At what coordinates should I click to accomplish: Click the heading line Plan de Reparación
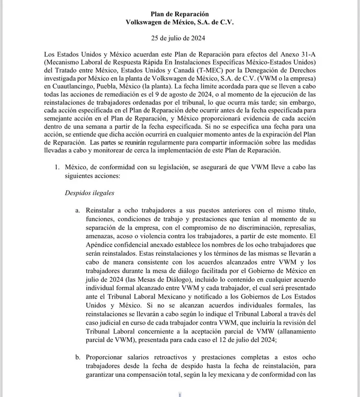coord(179,13)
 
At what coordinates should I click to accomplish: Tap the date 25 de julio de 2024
coord(179,38)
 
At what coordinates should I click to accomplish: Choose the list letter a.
coord(78,210)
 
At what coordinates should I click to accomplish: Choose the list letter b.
coord(78,357)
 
